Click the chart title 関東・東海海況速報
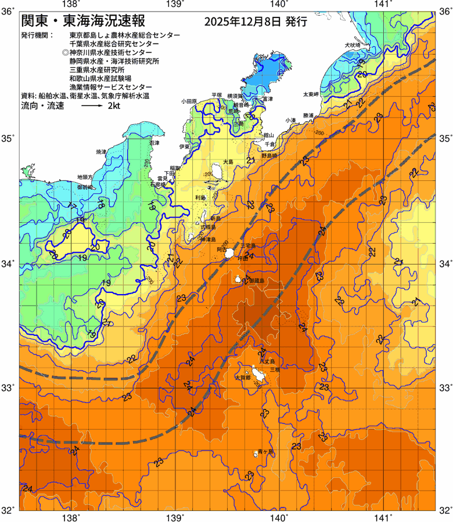(x=87, y=21)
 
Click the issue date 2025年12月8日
(x=243, y=23)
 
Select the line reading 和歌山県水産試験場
(x=100, y=78)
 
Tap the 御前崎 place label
(x=85, y=188)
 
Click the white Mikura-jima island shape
(x=239, y=280)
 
